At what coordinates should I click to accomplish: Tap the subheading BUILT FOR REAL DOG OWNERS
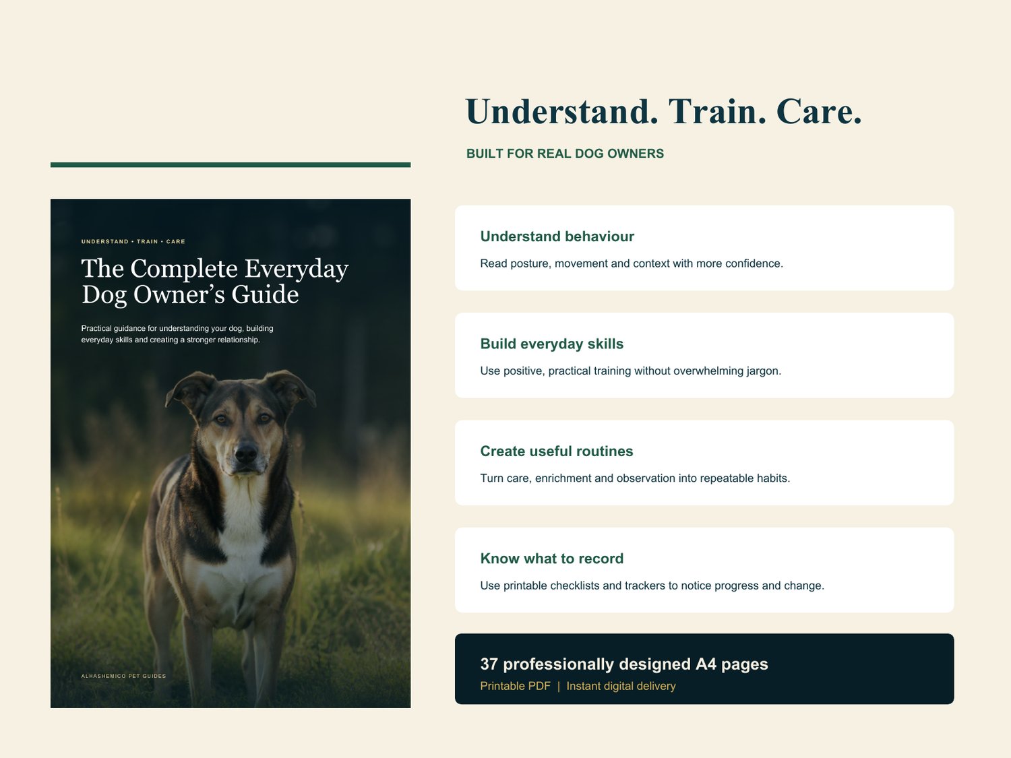565,154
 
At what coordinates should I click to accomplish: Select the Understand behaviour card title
557,236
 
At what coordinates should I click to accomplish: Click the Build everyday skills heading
552,344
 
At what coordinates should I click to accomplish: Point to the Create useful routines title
557,451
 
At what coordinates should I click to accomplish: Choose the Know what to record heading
552,559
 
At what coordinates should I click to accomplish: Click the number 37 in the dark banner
489,664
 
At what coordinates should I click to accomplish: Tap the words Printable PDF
516,686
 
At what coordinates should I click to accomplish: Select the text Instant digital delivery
621,686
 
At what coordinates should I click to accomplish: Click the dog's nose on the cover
246,453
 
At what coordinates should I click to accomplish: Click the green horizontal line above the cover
231,165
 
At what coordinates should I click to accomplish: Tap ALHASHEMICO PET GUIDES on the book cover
123,676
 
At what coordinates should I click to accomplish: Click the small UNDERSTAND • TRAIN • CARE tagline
133,242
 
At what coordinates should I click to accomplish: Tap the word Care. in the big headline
819,112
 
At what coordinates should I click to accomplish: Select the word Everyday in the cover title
296,270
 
